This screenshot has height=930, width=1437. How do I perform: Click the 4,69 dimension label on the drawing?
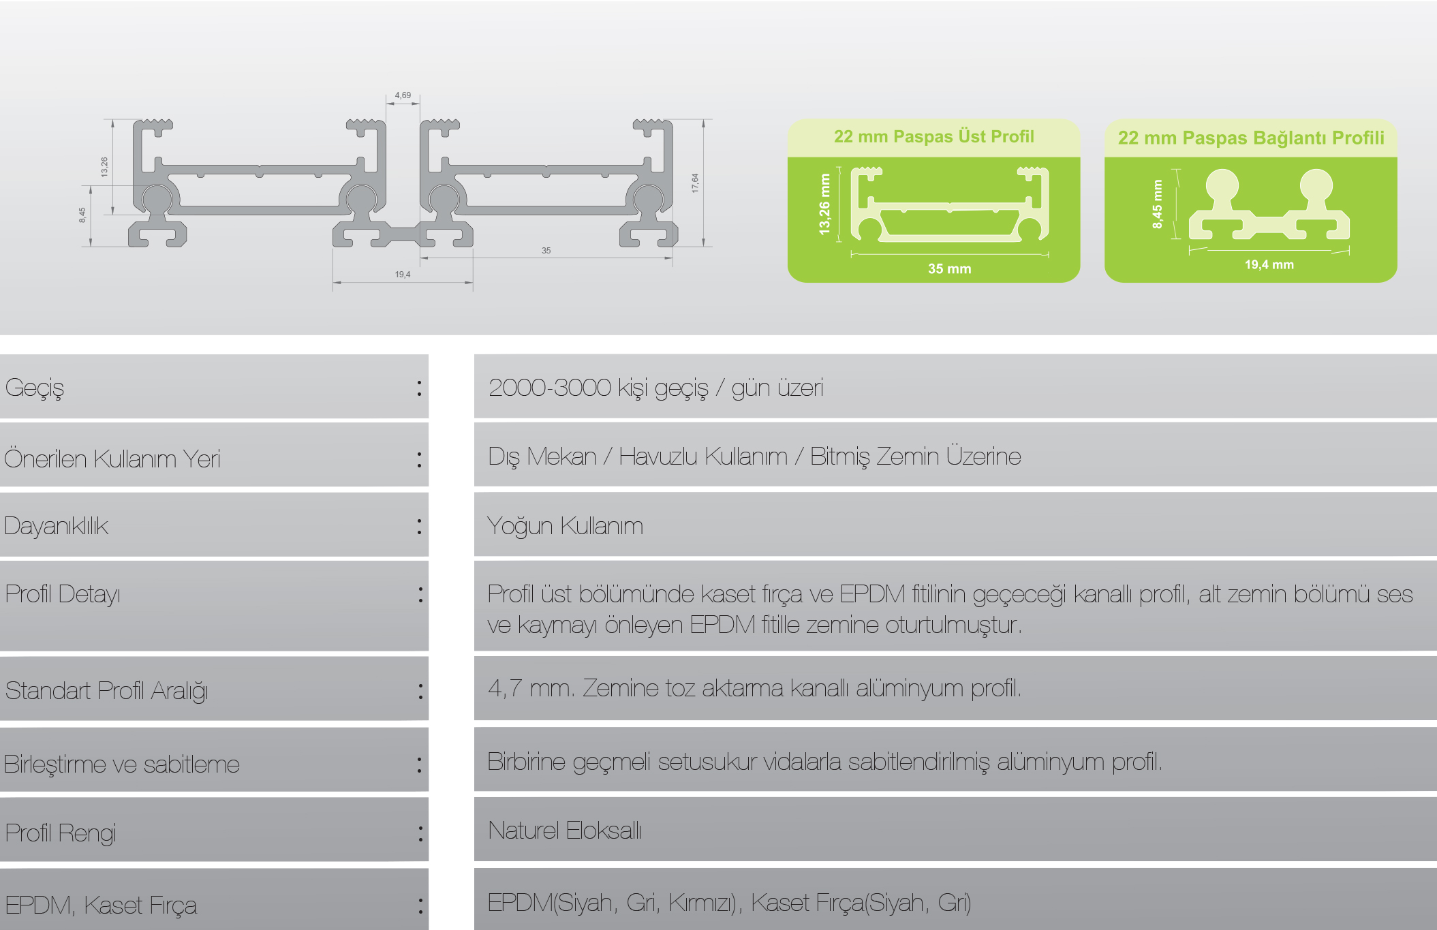point(403,95)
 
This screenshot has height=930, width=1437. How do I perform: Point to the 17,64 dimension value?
point(695,183)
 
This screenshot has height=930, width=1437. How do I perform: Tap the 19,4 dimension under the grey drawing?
point(403,275)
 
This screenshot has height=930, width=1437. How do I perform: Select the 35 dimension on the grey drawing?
point(546,251)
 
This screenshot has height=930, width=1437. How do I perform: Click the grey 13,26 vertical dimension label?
point(104,167)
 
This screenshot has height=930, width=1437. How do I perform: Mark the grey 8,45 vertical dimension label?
point(82,215)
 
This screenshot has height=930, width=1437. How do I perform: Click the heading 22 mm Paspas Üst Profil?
point(933,137)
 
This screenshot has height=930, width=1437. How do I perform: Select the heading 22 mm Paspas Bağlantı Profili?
point(1251,138)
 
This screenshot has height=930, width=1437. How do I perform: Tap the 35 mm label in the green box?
point(949,269)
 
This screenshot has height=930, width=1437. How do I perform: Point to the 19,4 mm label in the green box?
point(1269,265)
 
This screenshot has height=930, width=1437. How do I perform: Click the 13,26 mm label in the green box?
point(824,204)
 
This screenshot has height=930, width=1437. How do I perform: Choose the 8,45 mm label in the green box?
point(1157,204)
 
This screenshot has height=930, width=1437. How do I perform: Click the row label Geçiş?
point(35,388)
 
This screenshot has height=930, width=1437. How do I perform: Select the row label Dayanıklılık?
point(56,526)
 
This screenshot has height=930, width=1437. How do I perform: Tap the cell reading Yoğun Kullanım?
point(565,526)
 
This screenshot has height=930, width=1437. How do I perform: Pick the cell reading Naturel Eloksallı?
point(565,831)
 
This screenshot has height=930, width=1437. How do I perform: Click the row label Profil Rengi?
point(61,833)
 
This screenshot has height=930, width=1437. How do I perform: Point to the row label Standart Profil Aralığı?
point(106,691)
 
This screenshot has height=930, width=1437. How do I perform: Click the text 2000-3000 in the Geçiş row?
point(549,388)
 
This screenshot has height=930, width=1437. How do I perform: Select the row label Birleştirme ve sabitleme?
point(122,764)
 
